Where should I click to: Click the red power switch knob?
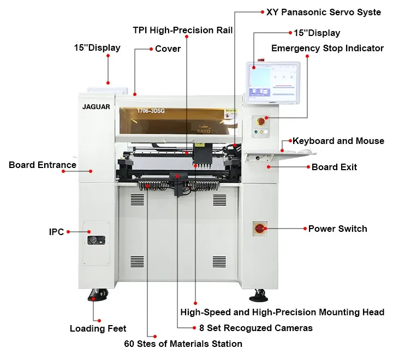click(x=260, y=228)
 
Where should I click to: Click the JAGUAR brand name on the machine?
click(x=96, y=107)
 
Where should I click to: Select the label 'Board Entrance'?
click(x=43, y=165)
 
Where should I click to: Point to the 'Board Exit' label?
click(x=334, y=167)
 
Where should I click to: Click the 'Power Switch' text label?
click(x=337, y=229)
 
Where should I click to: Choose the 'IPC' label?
click(x=57, y=232)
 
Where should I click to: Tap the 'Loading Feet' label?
click(x=98, y=328)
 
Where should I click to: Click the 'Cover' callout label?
click(x=168, y=49)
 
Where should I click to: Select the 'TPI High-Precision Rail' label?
click(x=183, y=30)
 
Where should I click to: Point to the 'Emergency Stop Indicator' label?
click(x=327, y=48)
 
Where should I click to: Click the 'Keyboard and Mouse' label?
click(x=338, y=141)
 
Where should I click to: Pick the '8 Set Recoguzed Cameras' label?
click(x=255, y=328)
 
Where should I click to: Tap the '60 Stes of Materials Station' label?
click(x=183, y=344)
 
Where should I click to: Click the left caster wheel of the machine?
click(x=97, y=296)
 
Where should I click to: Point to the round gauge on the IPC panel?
click(x=96, y=239)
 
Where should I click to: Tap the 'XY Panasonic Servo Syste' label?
click(x=323, y=12)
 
